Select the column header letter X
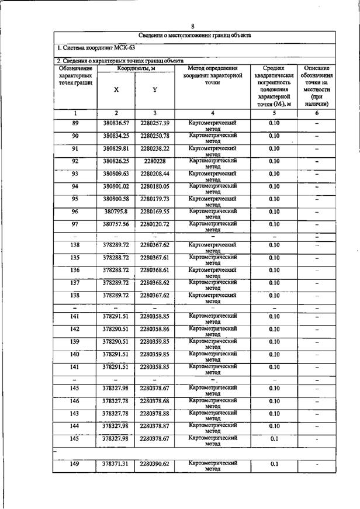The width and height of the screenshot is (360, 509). (x=116, y=89)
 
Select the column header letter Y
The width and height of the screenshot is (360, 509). (x=154, y=89)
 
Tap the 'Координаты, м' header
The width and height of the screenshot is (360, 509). (x=135, y=68)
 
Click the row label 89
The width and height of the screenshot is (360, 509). (x=75, y=123)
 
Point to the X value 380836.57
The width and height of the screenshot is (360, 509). (x=116, y=123)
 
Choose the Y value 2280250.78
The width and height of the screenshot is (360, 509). (x=154, y=136)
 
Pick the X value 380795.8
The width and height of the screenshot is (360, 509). (x=116, y=212)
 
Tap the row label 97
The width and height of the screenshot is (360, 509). (x=75, y=224)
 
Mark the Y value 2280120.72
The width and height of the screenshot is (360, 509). (x=154, y=224)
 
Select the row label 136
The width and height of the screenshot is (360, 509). (x=75, y=270)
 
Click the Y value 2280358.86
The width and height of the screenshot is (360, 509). (x=154, y=329)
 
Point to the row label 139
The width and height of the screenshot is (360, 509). (x=75, y=341)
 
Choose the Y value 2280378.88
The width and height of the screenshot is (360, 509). (x=154, y=413)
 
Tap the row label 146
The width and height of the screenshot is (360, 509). (x=75, y=401)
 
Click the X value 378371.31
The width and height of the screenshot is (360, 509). (x=116, y=463)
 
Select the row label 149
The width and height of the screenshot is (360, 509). (x=75, y=463)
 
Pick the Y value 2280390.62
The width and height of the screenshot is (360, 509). (x=154, y=463)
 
